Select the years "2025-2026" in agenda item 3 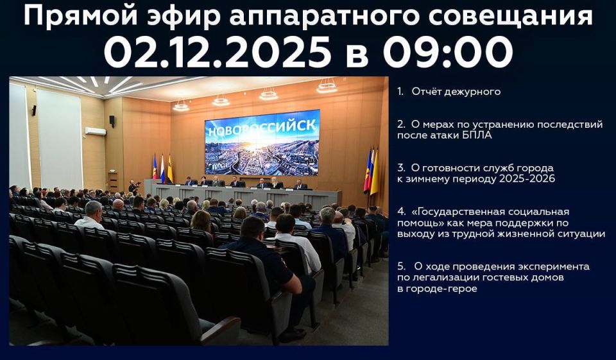coord(529,179)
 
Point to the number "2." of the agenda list coord(401,124)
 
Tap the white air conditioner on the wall coord(96,131)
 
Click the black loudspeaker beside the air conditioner coord(112,121)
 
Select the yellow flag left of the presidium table coord(170,168)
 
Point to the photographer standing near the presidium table coord(132,187)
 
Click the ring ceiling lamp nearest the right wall coord(327,86)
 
